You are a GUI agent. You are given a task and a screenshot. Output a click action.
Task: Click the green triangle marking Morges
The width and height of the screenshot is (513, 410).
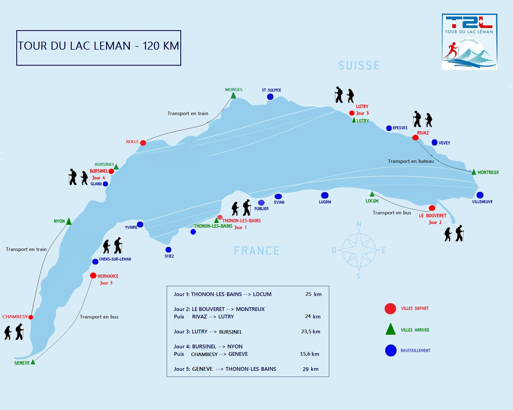233,96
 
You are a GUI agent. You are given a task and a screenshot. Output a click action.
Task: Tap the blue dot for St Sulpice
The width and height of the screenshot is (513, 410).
270,97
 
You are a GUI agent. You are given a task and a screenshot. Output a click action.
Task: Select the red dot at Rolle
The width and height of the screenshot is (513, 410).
143,143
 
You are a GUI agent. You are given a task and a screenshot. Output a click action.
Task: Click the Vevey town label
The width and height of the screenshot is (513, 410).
444,143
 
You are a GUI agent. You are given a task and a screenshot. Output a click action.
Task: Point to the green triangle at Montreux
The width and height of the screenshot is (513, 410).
474,172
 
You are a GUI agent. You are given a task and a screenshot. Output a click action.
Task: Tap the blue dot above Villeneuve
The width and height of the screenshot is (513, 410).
480,195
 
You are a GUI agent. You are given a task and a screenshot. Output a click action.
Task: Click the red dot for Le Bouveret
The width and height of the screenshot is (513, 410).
432,208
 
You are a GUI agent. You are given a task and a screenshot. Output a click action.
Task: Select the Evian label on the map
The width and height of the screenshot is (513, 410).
279,202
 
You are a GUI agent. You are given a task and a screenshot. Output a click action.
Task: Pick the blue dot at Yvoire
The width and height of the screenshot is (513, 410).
140,224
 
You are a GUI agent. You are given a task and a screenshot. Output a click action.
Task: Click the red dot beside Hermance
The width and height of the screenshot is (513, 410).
93,275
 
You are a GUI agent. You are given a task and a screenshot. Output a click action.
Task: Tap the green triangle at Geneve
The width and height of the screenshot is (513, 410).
33,362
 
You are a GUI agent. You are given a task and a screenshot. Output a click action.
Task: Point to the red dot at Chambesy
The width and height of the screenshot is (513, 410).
31,317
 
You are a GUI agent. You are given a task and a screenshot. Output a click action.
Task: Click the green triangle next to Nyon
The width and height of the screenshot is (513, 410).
69,222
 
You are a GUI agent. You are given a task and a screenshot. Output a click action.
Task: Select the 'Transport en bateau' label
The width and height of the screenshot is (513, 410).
411,161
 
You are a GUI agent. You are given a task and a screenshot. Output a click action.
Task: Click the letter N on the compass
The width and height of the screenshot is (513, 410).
359,224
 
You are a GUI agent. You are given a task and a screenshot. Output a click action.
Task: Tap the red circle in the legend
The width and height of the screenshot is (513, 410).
390,309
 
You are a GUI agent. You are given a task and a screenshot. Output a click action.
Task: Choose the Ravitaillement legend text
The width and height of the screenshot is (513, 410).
415,351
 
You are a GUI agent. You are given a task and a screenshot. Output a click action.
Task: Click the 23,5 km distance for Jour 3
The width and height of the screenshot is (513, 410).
310,332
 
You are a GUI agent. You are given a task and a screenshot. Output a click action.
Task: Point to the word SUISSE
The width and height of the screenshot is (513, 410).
359,66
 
